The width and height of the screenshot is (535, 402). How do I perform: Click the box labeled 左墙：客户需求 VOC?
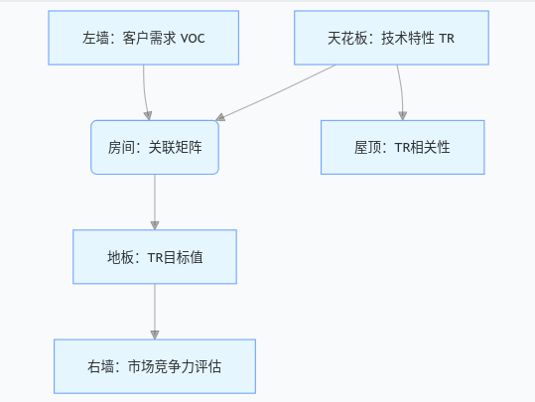(144, 38)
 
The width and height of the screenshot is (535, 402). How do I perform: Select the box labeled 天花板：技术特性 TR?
(391, 38)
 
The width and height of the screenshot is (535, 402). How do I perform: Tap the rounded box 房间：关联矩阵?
(155, 147)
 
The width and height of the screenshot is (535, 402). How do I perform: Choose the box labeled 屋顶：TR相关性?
(403, 147)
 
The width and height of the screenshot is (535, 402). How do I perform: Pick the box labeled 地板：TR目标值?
(155, 257)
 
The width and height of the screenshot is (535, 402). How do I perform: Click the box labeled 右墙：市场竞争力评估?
(155, 366)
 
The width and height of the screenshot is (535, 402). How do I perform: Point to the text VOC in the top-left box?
(193, 39)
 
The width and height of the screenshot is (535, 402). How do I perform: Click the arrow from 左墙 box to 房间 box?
(145, 92)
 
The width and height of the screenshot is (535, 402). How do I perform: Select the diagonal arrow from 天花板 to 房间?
(276, 92)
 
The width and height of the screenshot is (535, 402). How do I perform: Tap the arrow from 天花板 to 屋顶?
(401, 92)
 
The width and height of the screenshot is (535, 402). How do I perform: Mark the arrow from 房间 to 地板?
(155, 202)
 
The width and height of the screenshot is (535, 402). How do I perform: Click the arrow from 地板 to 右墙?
(155, 312)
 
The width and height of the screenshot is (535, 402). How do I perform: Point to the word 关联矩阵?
(175, 148)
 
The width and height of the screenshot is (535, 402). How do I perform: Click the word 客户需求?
(149, 38)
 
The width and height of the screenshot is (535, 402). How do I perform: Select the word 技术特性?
(408, 38)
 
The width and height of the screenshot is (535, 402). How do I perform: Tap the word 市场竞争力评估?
(175, 367)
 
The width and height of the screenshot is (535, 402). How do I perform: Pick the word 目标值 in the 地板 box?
(184, 257)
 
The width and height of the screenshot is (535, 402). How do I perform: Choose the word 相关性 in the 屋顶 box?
(430, 148)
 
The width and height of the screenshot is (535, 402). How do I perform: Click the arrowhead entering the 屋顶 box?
(403, 116)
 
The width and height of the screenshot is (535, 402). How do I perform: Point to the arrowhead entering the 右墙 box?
(155, 335)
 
